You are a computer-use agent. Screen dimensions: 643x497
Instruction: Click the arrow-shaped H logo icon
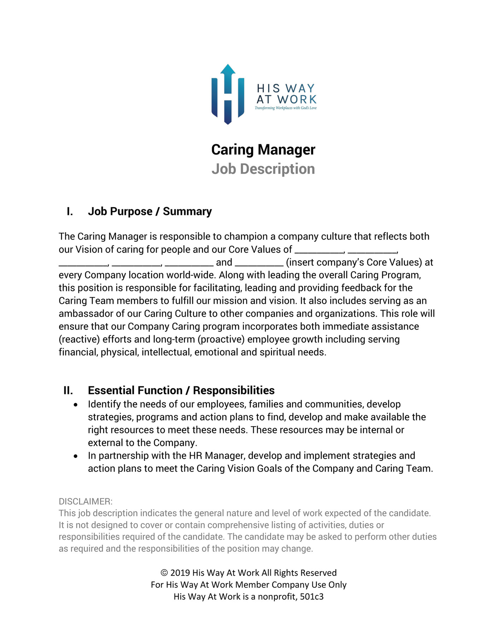228,95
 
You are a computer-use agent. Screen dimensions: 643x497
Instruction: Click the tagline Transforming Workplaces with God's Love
286,108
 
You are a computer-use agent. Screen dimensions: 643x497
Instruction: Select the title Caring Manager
263,150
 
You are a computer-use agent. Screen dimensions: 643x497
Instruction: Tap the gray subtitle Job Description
263,169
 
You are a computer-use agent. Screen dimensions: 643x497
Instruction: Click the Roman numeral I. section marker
70,211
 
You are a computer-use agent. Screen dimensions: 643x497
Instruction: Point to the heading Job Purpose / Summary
150,211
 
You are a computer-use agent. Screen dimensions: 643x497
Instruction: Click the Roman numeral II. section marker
68,391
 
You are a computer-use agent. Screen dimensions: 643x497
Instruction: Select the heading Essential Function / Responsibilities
181,391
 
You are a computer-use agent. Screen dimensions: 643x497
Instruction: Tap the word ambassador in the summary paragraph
83,314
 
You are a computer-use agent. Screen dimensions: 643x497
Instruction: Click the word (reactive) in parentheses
79,339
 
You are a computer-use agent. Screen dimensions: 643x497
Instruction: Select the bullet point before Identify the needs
76,405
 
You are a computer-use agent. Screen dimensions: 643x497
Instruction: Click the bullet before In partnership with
76,456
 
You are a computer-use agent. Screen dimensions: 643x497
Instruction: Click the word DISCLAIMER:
86,501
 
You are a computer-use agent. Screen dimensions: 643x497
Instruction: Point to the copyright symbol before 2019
164,573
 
